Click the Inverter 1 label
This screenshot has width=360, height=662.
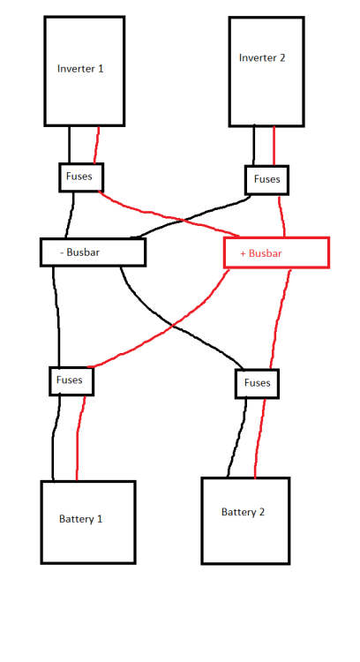tap(80, 68)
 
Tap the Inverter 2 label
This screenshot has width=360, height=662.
tap(262, 58)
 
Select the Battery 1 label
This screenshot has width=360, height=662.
tap(80, 519)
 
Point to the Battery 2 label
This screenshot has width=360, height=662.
tap(244, 512)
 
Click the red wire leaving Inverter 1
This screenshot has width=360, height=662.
tap(97, 145)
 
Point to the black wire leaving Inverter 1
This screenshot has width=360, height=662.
tap(69, 145)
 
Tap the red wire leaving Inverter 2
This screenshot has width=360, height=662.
tap(274, 146)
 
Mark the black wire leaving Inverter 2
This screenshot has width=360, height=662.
tap(253, 146)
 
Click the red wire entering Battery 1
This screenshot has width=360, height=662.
tap(79, 438)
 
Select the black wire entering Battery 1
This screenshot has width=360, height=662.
tap(53, 438)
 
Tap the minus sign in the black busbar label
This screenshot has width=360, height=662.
tap(62, 253)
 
